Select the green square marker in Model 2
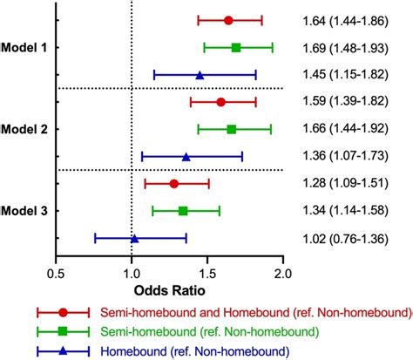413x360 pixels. click(232, 129)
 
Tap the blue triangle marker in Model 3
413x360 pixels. click(134, 238)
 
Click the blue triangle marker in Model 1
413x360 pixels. click(200, 75)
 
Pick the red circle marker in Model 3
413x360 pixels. click(174, 183)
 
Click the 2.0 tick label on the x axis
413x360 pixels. click(282, 271)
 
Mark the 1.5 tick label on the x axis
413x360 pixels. click(207, 271)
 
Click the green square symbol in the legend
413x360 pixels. click(63, 331)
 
